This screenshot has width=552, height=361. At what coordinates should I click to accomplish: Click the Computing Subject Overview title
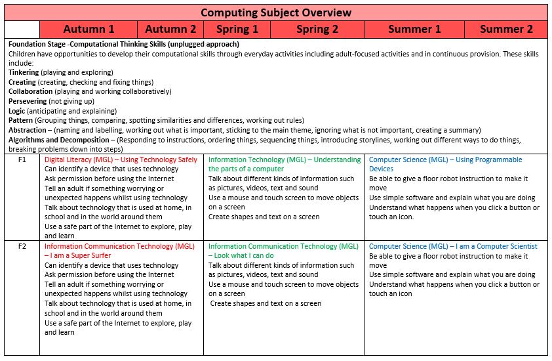pos(275,12)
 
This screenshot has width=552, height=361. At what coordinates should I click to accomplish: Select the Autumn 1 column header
pos(89,29)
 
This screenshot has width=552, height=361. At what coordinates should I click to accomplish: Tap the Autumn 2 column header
pos(170,29)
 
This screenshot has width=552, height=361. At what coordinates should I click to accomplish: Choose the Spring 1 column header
pos(237,29)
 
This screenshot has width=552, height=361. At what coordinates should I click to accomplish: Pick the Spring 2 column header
pos(317,29)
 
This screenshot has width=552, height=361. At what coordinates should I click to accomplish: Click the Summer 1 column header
pos(414,29)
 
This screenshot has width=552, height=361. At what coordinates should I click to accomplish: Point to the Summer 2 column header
pos(506,29)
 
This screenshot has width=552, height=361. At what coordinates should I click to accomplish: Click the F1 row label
pos(22,160)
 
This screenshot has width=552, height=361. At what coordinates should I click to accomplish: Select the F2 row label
pos(22,247)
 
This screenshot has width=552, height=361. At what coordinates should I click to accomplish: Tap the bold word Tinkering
pos(24,72)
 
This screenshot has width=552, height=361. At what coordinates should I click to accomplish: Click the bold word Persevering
pos(28,102)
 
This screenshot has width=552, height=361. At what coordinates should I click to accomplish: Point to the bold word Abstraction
pos(27,131)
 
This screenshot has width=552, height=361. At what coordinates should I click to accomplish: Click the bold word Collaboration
pos(30,92)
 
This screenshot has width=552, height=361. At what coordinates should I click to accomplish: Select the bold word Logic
pos(17,112)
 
